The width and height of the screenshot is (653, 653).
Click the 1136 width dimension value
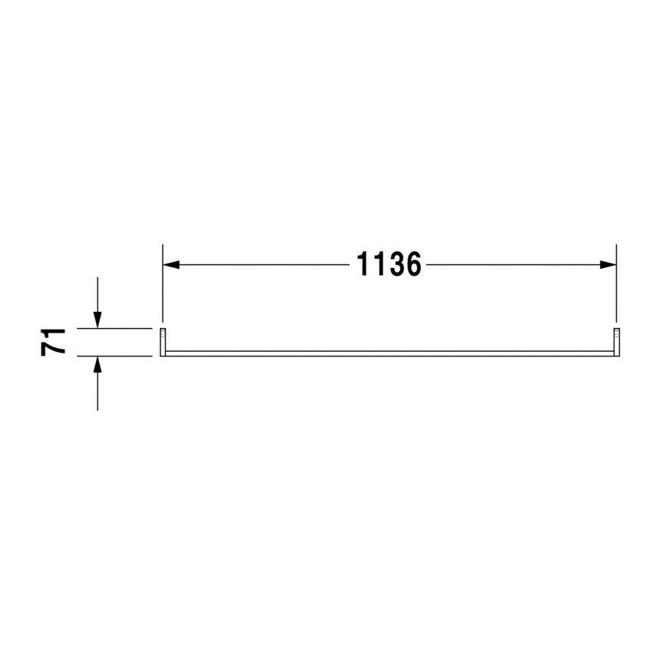pyautogui.click(x=389, y=264)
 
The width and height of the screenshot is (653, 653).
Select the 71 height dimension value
pyautogui.click(x=54, y=341)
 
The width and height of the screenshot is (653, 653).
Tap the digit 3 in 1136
pyautogui.click(x=396, y=264)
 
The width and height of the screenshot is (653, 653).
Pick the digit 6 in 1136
pyautogui.click(x=413, y=264)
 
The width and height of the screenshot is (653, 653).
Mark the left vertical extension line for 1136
pyautogui.click(x=162, y=284)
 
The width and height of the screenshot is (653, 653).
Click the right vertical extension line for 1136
pyautogui.click(x=616, y=284)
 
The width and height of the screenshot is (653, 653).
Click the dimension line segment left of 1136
pyautogui.click(x=261, y=264)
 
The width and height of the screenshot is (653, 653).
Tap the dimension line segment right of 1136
pyautogui.click(x=515, y=264)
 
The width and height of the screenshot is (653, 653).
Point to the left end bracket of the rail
pyautogui.click(x=163, y=342)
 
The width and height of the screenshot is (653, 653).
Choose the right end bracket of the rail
pyautogui.click(x=616, y=342)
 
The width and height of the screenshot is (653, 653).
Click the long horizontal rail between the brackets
pyautogui.click(x=389, y=353)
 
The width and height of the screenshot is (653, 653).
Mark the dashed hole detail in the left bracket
pyautogui.click(x=164, y=334)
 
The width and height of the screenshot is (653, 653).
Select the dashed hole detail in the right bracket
pyautogui.click(x=616, y=334)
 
